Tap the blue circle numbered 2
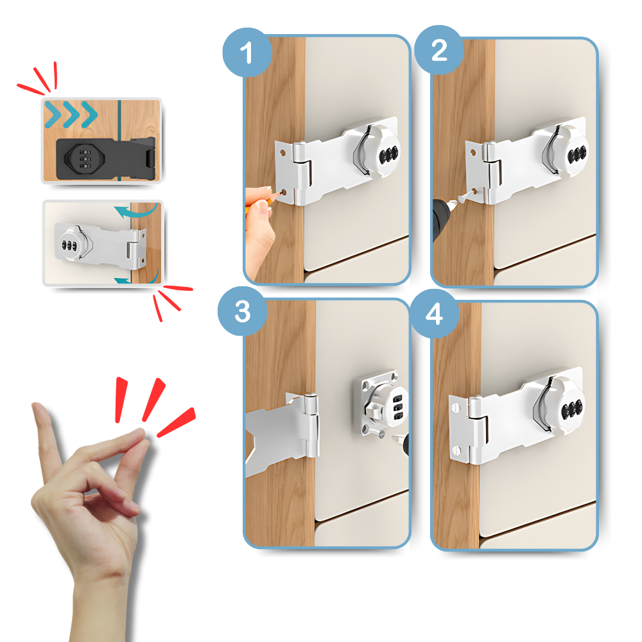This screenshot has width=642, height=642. coord(438,51)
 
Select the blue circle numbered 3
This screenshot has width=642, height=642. coord(242,313)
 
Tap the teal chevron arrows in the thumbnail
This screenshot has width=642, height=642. coord(71,114)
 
